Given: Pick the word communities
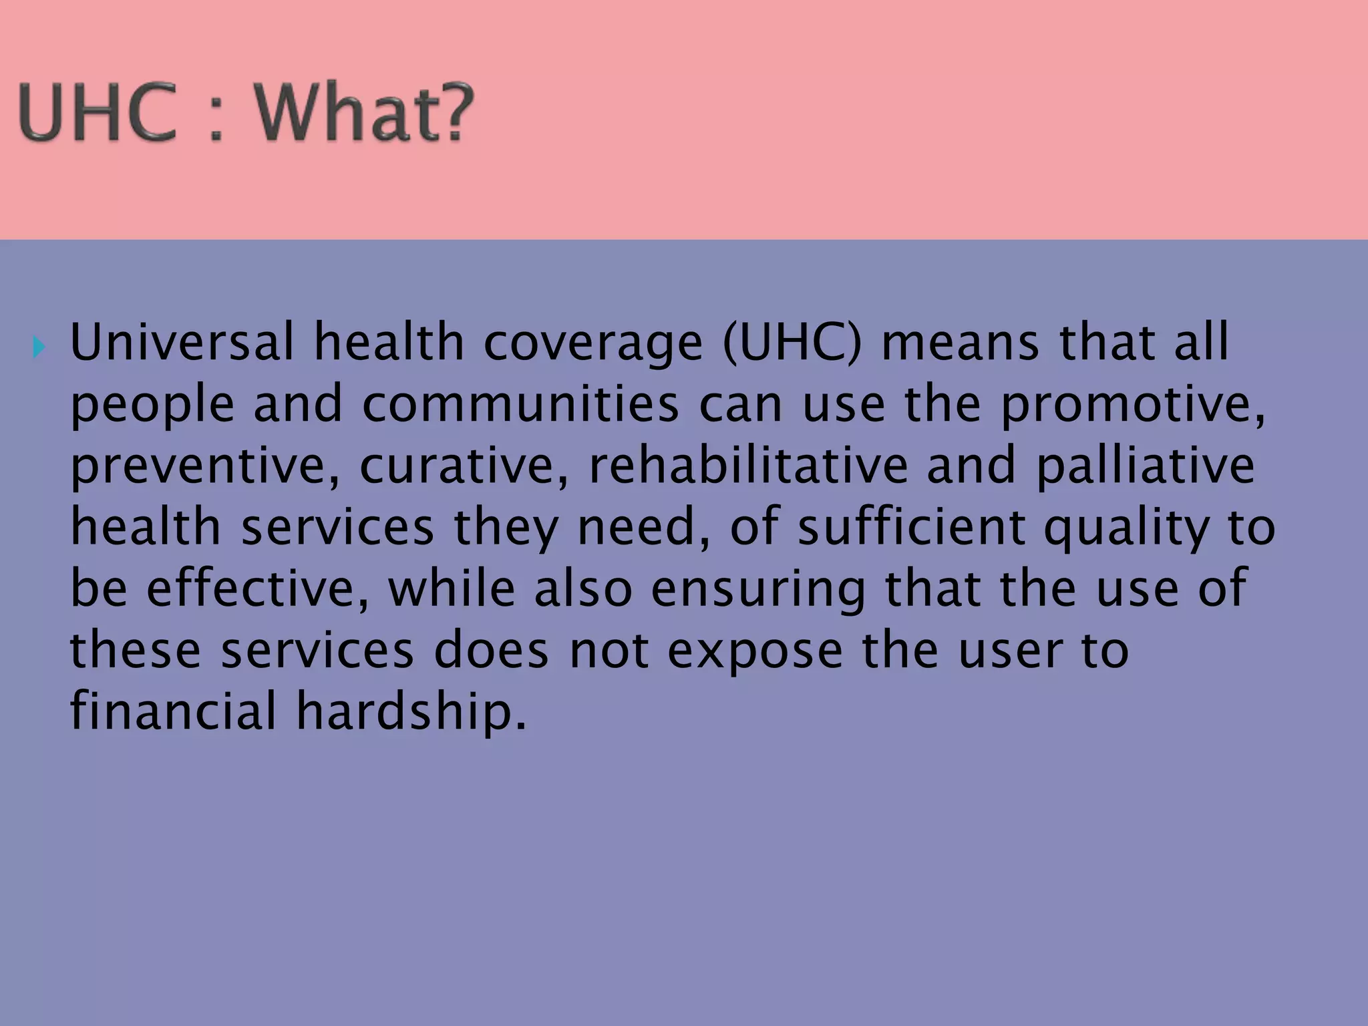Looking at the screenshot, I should point(520,405).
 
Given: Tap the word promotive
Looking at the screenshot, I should point(1132,405).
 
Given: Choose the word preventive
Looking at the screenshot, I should point(204,466).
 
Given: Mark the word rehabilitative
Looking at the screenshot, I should point(748,466).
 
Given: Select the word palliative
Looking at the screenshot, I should point(1145,466).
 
